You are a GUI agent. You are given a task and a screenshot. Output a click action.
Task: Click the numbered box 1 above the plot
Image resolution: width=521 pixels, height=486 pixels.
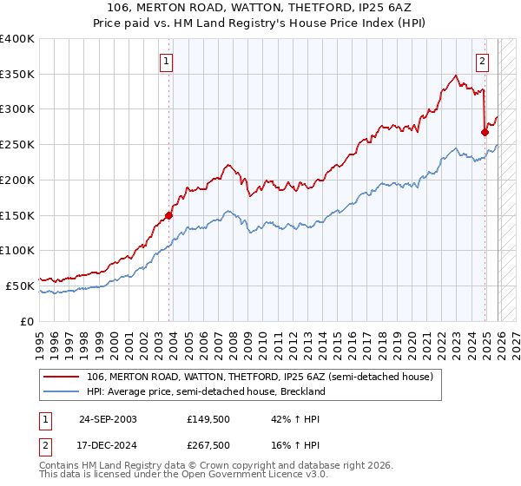pyautogui.click(x=165, y=61)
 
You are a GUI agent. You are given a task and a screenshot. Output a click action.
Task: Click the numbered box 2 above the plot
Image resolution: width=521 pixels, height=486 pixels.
pyautogui.click(x=482, y=61)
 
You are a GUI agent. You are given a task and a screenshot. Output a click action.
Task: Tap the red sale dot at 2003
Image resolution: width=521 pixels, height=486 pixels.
pyautogui.click(x=168, y=215)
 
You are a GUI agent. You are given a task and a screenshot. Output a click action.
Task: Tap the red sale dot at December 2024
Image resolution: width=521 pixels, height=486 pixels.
pyautogui.click(x=485, y=132)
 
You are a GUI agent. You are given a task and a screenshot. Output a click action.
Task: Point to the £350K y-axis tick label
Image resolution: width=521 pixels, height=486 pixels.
pyautogui.click(x=17, y=75)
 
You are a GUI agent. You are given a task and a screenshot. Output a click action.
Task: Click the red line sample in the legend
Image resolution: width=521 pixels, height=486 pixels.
pyautogui.click(x=62, y=377)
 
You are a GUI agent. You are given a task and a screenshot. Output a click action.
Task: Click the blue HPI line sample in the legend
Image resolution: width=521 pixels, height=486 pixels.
pyautogui.click(x=62, y=391)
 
